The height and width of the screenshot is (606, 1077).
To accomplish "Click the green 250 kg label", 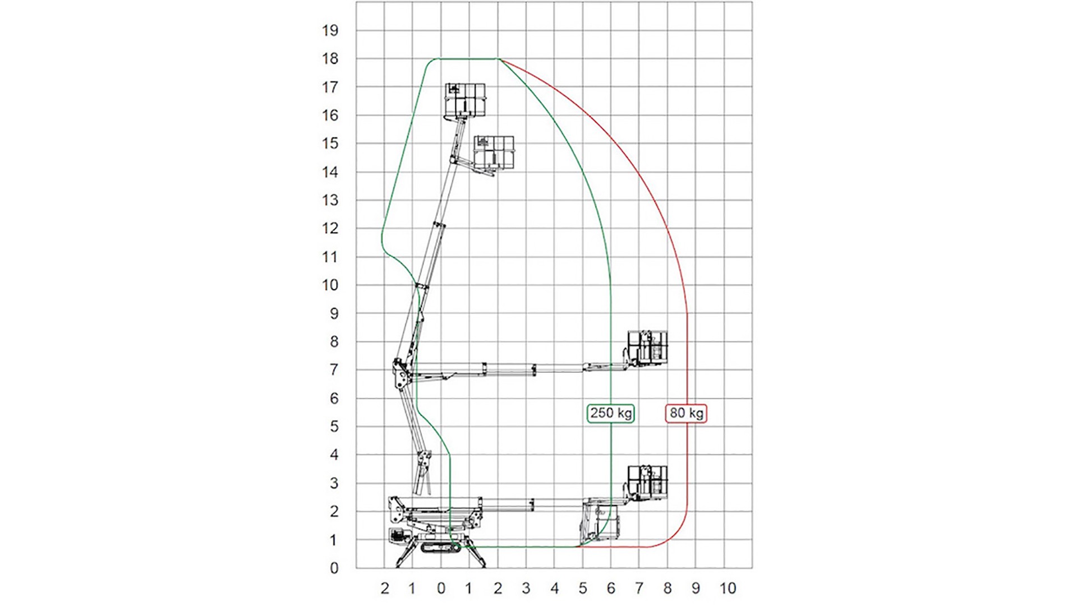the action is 611,413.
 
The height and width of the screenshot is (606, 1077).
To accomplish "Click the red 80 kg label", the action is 686,413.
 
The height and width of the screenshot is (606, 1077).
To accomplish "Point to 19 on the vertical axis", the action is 330,30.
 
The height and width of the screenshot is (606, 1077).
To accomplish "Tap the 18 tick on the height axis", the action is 330,59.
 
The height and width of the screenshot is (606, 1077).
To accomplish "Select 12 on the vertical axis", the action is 330,229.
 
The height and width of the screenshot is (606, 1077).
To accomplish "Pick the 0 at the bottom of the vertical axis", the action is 334,568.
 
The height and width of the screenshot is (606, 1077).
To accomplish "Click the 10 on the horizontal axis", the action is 728,588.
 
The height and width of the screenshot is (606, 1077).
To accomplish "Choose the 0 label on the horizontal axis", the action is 441,588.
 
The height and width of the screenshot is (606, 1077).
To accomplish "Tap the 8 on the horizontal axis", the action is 668,588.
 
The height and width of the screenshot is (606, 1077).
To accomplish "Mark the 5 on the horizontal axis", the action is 583,588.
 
